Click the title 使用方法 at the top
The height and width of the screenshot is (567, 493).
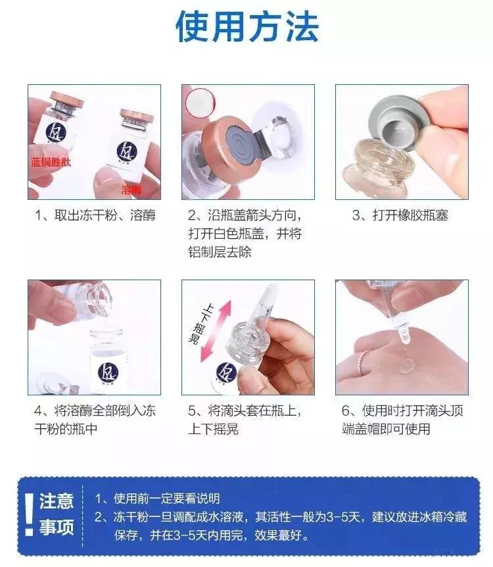[x=246, y=28]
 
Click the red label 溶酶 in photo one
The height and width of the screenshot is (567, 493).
[x=131, y=190]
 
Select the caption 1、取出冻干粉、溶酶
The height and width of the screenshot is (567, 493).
[x=94, y=216]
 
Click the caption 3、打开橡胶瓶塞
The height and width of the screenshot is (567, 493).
[x=400, y=216]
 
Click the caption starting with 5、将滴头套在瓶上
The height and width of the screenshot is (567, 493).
[x=245, y=419]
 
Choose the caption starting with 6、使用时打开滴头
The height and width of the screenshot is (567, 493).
[x=403, y=419]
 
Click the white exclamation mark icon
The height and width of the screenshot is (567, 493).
[x=28, y=516]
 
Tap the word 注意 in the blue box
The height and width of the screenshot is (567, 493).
[x=57, y=501]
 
